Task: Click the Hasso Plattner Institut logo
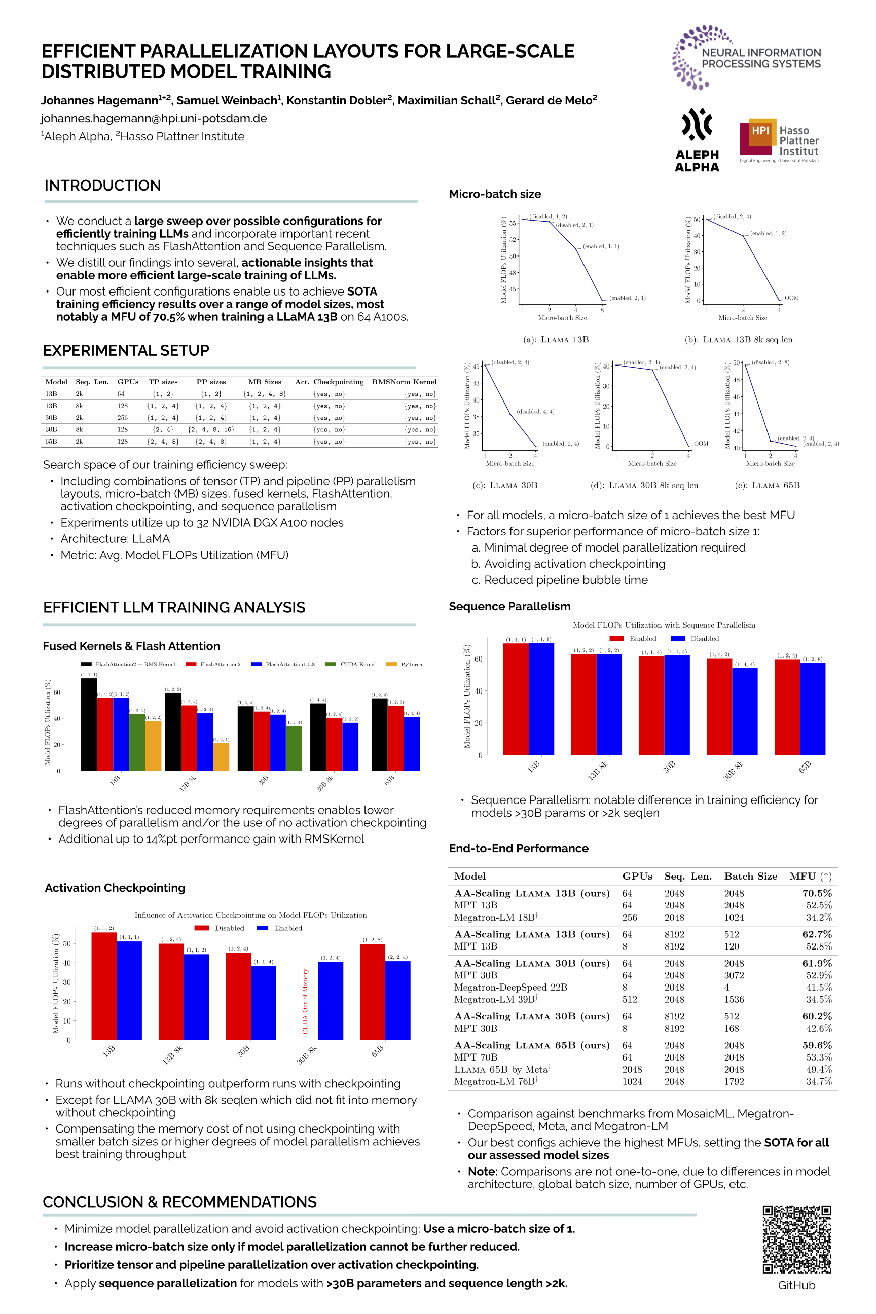point(779,141)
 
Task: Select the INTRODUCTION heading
point(103,186)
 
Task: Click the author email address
point(154,119)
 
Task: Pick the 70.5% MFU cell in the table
point(817,893)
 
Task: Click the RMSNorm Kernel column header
point(404,382)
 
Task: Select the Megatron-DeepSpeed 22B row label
point(510,987)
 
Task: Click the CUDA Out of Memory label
point(305,1001)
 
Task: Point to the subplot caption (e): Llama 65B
point(767,486)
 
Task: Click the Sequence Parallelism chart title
point(664,625)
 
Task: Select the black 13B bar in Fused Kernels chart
point(89,724)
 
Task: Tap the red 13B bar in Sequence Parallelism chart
point(516,699)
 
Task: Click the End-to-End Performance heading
point(519,848)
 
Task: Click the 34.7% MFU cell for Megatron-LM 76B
point(818,1082)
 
